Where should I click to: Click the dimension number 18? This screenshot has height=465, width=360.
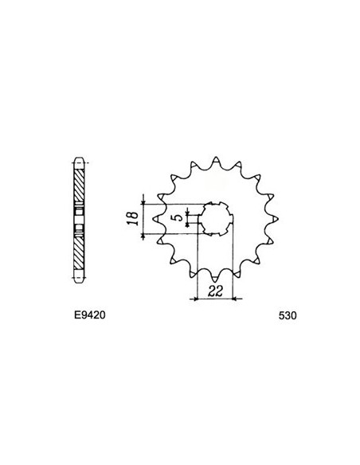click(x=134, y=218)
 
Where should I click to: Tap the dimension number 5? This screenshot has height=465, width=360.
click(x=179, y=218)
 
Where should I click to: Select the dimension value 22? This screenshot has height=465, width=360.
click(x=215, y=291)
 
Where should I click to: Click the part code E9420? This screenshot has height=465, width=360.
click(x=90, y=315)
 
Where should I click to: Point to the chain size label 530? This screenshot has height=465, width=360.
click(x=288, y=315)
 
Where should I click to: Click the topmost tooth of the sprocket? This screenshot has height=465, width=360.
click(x=216, y=160)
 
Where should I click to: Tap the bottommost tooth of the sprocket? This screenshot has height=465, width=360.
click(x=215, y=278)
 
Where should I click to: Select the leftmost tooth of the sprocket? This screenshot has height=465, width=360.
click(x=156, y=218)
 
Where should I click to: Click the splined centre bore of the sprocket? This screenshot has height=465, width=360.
click(x=216, y=219)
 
